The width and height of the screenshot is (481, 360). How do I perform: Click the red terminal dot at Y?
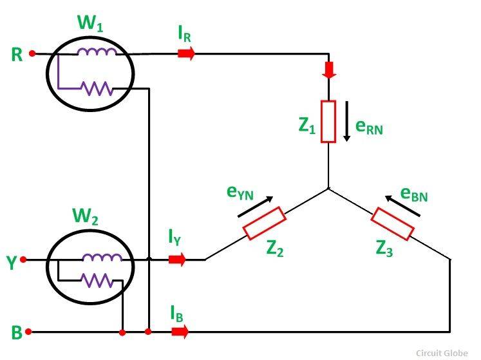point(24,260)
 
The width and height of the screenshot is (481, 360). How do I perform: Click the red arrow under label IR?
point(186,54)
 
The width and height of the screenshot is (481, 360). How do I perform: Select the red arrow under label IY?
point(177,260)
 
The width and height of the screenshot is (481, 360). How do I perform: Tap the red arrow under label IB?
point(181,332)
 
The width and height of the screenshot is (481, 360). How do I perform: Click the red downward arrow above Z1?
point(329,70)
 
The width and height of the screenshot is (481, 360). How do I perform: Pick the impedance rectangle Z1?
point(329,121)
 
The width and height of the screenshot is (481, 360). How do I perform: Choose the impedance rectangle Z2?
point(264,223)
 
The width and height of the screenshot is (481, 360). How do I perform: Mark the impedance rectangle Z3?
point(391,223)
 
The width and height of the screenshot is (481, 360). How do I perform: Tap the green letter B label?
point(17,333)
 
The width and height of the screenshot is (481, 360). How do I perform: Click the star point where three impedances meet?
point(329,189)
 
